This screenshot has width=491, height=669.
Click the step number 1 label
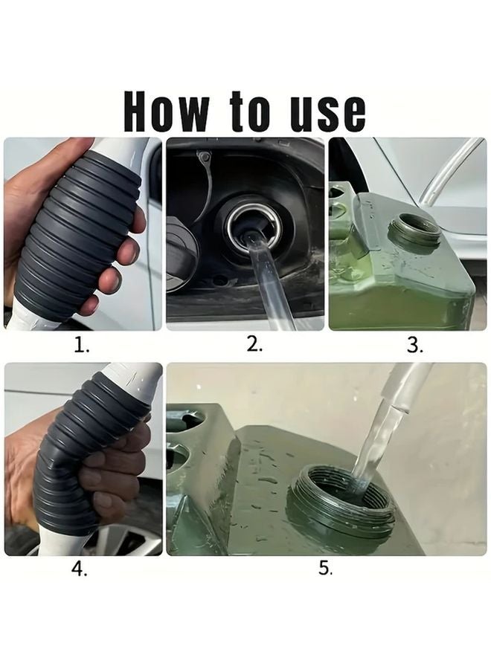[x=81, y=345]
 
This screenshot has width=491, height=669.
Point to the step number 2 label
[x=254, y=344]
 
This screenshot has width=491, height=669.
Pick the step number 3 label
[x=414, y=345]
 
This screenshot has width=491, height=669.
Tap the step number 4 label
[x=80, y=569]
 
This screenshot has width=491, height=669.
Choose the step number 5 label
[x=325, y=568]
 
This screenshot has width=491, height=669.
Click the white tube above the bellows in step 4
[x=137, y=380]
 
